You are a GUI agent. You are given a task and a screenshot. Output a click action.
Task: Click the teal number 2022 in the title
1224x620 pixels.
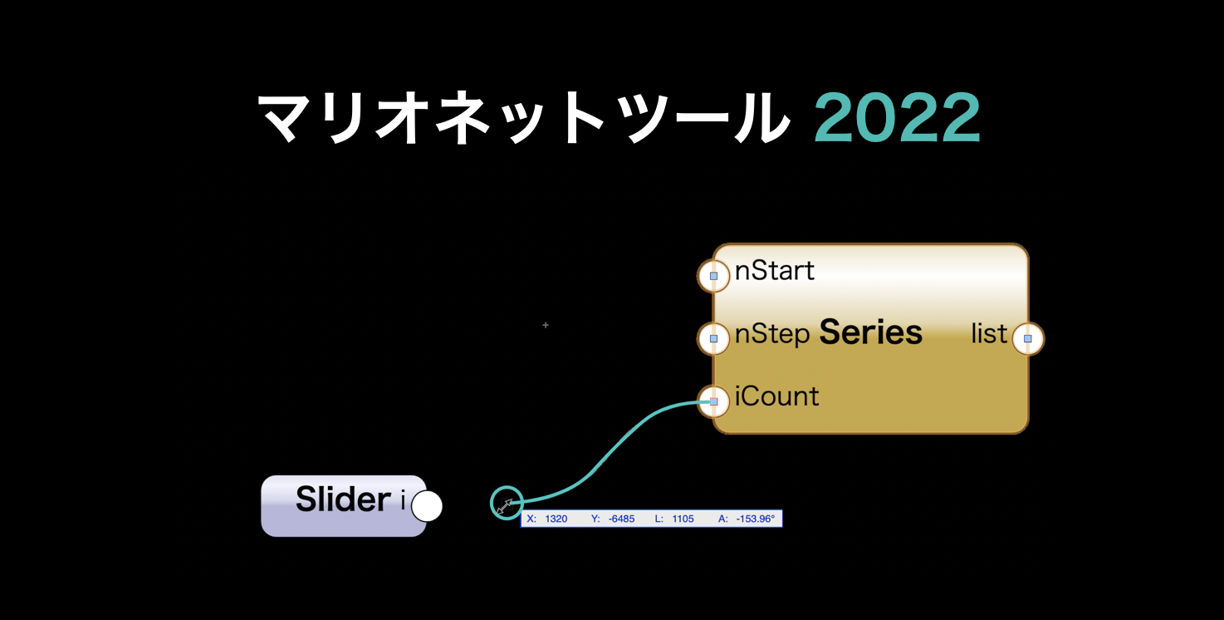tap(897, 117)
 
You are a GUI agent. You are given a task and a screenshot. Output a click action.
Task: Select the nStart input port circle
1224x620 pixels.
tap(713, 276)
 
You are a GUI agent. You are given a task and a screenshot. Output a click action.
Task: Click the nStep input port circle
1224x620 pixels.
tap(713, 339)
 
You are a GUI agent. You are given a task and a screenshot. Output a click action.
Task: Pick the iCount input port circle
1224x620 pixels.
tap(713, 402)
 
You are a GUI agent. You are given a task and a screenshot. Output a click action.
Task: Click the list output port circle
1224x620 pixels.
tap(1028, 339)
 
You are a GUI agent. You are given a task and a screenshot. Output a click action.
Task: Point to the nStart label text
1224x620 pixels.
tap(774, 271)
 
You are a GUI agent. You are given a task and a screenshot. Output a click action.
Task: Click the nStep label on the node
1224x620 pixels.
tap(772, 334)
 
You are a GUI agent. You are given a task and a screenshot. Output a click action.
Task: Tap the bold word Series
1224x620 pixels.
tap(871, 332)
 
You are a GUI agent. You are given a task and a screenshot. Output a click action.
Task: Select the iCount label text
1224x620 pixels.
tap(776, 396)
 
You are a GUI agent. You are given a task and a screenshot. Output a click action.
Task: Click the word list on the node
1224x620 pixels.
tap(989, 333)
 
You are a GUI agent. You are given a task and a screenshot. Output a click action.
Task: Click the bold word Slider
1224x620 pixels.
tap(344, 499)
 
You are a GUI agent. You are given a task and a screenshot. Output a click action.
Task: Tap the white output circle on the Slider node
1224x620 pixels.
tap(427, 506)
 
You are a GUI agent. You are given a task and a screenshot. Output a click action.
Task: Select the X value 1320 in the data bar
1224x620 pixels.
tap(556, 519)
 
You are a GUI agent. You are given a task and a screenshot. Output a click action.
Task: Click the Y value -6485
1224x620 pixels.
tap(621, 519)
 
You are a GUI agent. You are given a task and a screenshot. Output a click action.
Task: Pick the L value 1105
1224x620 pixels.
tap(683, 519)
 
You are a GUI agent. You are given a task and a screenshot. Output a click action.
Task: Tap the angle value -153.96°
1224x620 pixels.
tap(756, 519)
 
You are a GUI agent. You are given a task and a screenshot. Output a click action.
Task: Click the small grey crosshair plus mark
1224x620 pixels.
tap(546, 325)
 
